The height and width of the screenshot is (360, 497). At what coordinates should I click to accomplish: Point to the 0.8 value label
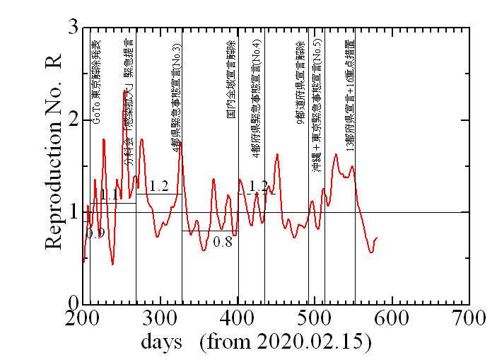[x=223, y=241]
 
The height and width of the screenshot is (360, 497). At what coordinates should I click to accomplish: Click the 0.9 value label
[x=95, y=233]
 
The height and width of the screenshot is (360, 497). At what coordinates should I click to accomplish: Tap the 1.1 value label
[x=108, y=194]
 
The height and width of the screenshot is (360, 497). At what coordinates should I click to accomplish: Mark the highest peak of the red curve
[x=124, y=91]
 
